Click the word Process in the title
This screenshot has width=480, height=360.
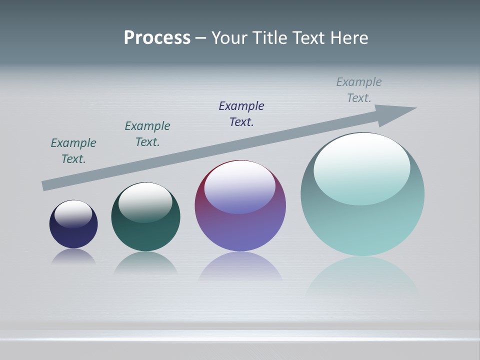tap(157, 38)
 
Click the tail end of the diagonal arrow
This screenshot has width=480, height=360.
tap(45, 185)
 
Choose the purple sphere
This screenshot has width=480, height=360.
tap(240, 230)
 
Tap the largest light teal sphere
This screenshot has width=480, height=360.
tap(362, 225)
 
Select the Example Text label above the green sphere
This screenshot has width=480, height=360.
tap(147, 134)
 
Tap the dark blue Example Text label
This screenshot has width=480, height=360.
tap(241, 114)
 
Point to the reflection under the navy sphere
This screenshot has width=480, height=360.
tap(73, 257)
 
